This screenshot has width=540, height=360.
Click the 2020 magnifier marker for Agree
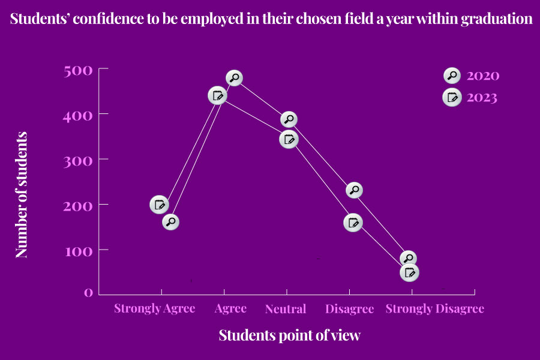pyautogui.click(x=234, y=77)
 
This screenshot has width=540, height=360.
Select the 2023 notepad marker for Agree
pyautogui.click(x=217, y=95)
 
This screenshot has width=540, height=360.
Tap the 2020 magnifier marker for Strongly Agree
pyautogui.click(x=171, y=222)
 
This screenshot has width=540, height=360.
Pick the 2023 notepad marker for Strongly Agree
pyautogui.click(x=159, y=205)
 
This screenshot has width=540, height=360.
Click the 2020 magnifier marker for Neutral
pyautogui.click(x=289, y=119)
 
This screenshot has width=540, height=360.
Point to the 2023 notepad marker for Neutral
pyautogui.click(x=289, y=140)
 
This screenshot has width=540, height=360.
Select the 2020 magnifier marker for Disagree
pyautogui.click(x=355, y=190)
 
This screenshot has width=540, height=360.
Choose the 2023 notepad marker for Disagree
pyautogui.click(x=353, y=223)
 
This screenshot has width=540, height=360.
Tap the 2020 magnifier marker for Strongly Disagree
pyautogui.click(x=409, y=259)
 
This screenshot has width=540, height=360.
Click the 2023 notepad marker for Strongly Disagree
pyautogui.click(x=409, y=272)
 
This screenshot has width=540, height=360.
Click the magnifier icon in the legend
pyautogui.click(x=452, y=76)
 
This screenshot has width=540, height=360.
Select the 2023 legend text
pyautogui.click(x=482, y=97)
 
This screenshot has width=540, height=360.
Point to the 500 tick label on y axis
pyautogui.click(x=78, y=71)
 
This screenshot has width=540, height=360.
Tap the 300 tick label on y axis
pyautogui.click(x=78, y=160)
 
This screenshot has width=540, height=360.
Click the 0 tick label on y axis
pyautogui.click(x=88, y=292)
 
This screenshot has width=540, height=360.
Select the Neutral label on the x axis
pyautogui.click(x=286, y=309)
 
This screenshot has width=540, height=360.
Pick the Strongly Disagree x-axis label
pyautogui.click(x=434, y=309)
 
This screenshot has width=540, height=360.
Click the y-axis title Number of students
pyautogui.click(x=22, y=195)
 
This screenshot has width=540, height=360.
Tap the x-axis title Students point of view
pyautogui.click(x=289, y=335)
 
